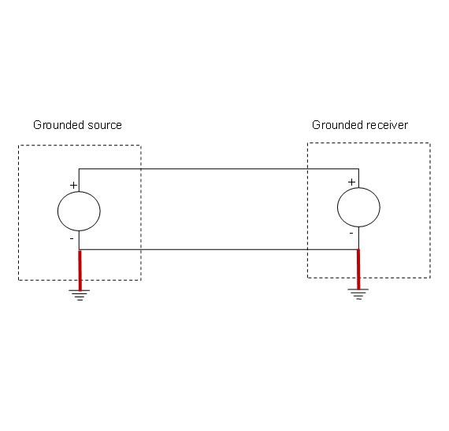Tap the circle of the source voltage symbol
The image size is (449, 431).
click(80, 210)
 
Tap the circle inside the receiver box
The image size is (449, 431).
click(358, 208)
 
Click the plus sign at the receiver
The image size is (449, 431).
click(351, 182)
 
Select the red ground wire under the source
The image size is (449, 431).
click(80, 270)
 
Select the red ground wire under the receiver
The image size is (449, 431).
click(358, 270)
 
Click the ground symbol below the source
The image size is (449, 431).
click(79, 295)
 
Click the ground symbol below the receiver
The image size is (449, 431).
click(358, 295)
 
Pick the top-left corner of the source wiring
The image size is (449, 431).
click(80, 169)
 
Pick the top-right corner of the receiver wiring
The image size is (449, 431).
click(358, 169)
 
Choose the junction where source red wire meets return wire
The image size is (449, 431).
click(80, 249)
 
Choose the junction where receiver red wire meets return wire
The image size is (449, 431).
click(358, 249)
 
